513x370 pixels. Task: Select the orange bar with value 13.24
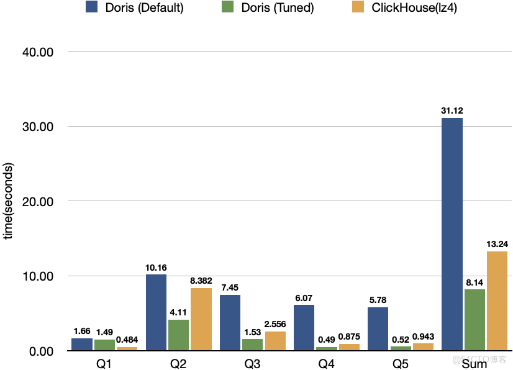(x=497, y=300)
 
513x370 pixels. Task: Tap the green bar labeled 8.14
(x=474, y=319)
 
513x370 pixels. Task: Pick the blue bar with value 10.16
(x=156, y=312)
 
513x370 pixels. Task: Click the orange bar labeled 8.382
(x=201, y=319)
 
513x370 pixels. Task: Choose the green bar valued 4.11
(x=178, y=335)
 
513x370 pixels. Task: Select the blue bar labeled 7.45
(x=230, y=322)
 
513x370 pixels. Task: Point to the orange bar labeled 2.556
(x=275, y=341)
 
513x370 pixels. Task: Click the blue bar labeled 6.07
(x=304, y=327)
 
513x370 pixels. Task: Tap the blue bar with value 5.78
(x=378, y=328)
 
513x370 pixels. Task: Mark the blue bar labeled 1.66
(x=82, y=344)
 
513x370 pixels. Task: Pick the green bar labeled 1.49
(x=104, y=345)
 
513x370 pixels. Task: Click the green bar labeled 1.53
(x=252, y=345)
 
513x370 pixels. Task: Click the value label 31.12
(x=452, y=111)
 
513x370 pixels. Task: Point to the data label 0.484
(x=127, y=340)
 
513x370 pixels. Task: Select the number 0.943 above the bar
(x=423, y=336)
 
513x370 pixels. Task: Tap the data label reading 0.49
(x=326, y=340)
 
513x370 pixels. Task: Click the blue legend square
(x=91, y=7)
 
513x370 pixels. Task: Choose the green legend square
(x=228, y=7)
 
